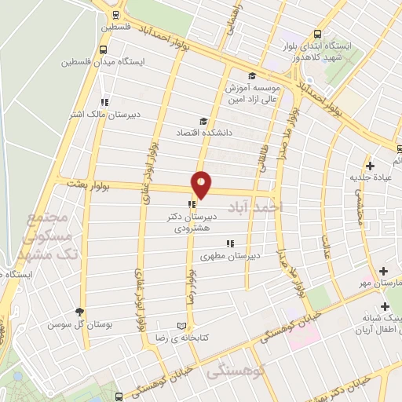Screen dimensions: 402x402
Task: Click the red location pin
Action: pyautogui.click(x=201, y=184)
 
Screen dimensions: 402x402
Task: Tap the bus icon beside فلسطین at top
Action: pyautogui.click(x=116, y=14)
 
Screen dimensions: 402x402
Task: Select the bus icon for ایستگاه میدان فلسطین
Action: pyautogui.click(x=105, y=49)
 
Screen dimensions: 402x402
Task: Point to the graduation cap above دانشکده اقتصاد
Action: pyautogui.click(x=203, y=121)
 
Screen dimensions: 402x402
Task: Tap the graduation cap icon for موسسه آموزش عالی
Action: pyautogui.click(x=251, y=76)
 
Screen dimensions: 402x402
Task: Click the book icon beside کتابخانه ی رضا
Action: pyautogui.click(x=184, y=325)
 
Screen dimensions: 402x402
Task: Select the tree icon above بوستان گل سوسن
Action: pyautogui.click(x=79, y=312)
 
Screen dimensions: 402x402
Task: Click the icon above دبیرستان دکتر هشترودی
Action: pyautogui.click(x=190, y=205)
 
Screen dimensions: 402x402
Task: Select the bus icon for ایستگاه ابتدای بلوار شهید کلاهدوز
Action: pyautogui.click(x=317, y=35)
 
